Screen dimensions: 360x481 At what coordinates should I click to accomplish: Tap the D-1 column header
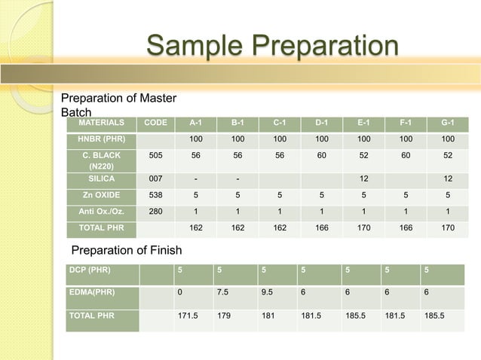click(321, 124)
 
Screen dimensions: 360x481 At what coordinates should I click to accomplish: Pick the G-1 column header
click(448, 124)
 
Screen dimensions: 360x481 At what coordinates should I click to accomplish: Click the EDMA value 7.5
click(222, 294)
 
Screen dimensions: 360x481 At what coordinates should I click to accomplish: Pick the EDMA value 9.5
click(268, 294)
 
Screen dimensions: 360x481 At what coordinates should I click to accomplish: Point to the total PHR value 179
click(222, 316)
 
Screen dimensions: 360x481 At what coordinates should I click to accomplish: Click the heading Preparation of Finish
click(126, 250)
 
